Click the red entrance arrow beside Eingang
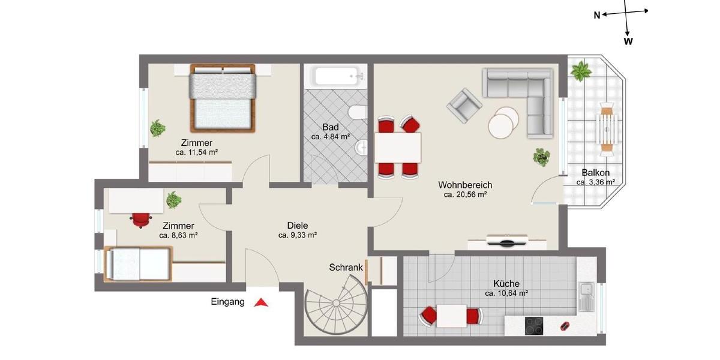pos(261,303)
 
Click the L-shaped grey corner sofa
pos(528,96)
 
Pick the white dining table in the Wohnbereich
pos(397,148)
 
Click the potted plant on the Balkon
pos(580,73)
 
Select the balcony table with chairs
pos(607,126)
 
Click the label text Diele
pos(297,226)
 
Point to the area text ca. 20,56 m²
pos(465,194)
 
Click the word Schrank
pos(346,268)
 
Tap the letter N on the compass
pos(597,16)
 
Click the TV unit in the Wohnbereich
pos(507,242)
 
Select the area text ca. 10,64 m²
pos(506,293)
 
